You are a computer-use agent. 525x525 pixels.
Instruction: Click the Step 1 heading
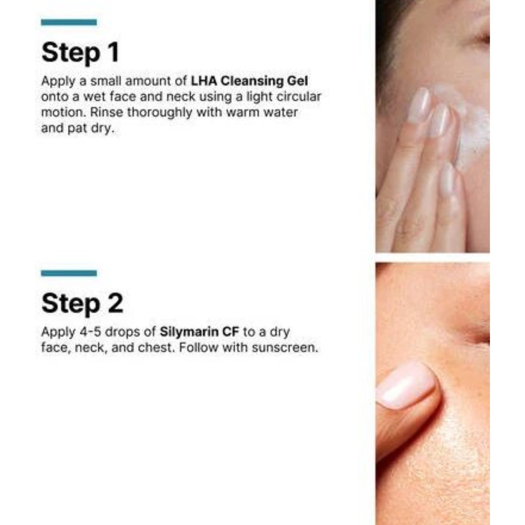click(80, 53)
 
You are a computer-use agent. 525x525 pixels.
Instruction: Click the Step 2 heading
click(82, 303)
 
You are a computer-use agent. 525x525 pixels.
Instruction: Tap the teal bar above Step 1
click(69, 22)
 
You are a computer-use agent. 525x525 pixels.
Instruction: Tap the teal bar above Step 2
click(69, 273)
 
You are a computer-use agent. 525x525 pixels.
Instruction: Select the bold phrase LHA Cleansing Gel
click(250, 81)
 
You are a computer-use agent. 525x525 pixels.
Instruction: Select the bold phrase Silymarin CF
click(199, 332)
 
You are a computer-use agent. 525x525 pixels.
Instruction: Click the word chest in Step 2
click(155, 348)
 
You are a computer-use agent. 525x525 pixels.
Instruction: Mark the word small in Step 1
click(106, 81)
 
